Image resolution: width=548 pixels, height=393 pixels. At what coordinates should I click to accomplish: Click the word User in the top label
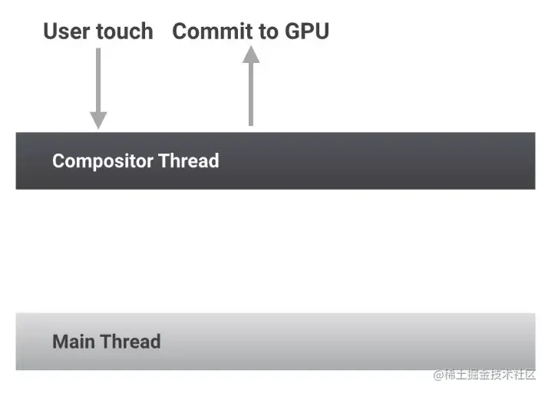64,31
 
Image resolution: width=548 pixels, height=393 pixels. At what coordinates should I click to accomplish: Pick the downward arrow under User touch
98,84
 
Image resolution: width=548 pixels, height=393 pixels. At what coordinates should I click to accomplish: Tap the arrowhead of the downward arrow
98,119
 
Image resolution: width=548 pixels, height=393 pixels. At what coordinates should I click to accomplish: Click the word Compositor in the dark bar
102,161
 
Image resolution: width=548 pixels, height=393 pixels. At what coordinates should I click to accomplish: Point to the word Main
74,342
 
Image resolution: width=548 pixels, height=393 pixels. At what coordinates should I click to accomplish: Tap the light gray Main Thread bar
345,342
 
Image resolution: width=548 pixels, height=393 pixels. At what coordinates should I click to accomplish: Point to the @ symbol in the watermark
438,375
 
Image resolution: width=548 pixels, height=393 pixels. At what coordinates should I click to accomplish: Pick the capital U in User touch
51,31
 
